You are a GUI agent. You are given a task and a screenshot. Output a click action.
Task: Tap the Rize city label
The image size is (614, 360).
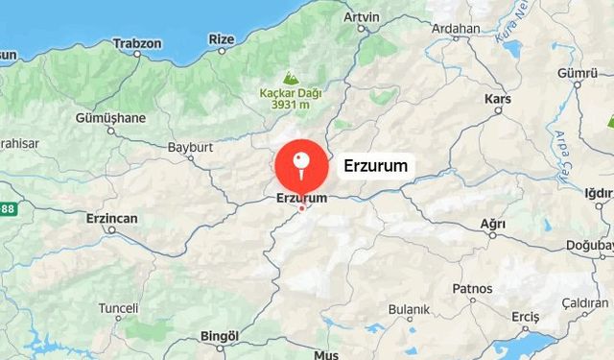pos(222,38)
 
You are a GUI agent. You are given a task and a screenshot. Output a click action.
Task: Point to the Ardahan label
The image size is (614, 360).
pos(456,29)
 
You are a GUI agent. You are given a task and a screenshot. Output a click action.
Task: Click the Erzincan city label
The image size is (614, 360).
pos(111,219)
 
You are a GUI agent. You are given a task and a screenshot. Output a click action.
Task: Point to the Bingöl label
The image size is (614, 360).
pos(216,336)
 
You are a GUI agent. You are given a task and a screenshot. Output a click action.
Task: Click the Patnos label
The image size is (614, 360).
pos(472,288)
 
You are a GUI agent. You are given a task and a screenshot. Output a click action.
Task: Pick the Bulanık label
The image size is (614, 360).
pos(409,310)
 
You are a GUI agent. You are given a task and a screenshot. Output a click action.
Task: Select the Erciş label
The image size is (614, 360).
pos(526,317)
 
